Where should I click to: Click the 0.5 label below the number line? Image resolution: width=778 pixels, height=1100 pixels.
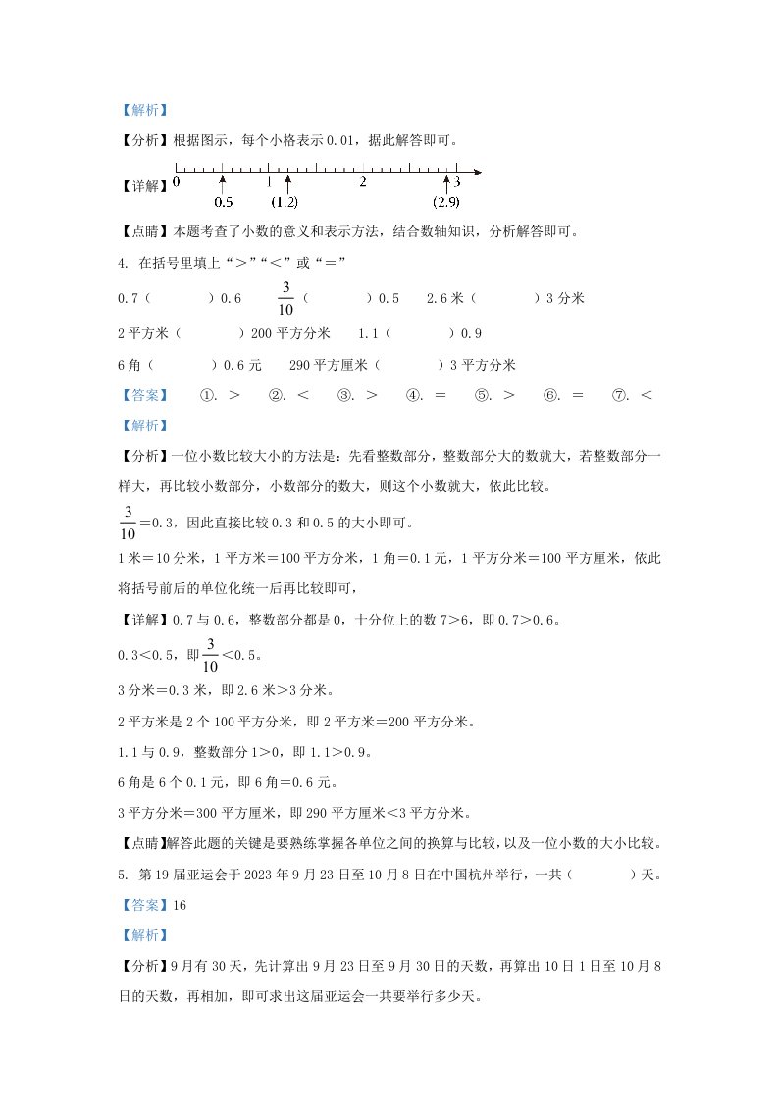(223, 203)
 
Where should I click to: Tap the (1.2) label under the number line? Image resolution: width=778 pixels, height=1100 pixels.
(285, 203)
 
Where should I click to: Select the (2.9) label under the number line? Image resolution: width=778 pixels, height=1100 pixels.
(446, 203)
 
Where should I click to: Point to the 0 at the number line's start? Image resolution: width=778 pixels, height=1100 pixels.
(177, 182)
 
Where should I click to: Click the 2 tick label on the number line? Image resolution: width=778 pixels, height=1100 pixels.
(363, 183)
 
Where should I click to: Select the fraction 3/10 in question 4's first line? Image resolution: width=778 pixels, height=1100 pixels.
(286, 298)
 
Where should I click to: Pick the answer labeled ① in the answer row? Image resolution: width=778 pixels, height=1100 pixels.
(221, 395)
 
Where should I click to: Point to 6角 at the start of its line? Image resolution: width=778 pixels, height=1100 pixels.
(130, 365)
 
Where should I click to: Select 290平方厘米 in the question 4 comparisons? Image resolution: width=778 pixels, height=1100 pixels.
(328, 365)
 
